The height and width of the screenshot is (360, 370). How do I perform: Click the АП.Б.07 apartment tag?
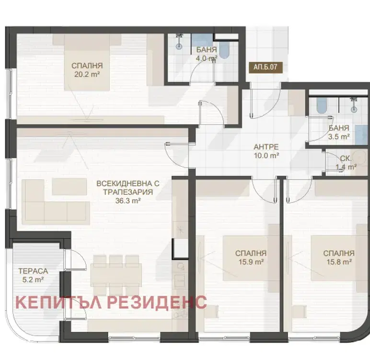tap(266, 67)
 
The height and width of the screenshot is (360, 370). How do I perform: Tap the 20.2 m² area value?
tap(87, 75)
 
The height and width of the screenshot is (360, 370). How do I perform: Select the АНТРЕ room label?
tap(266, 147)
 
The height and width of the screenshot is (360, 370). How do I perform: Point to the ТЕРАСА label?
tap(33, 271)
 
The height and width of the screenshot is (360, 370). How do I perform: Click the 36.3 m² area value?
tap(128, 201)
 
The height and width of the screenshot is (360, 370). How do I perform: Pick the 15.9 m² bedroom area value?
tap(251, 262)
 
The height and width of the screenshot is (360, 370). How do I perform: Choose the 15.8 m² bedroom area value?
tap(339, 262)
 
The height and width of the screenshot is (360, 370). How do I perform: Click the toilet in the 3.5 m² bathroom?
tap(322, 105)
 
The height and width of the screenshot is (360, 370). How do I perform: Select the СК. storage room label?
tap(346, 158)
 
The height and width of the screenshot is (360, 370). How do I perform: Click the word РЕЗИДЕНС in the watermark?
tap(157, 302)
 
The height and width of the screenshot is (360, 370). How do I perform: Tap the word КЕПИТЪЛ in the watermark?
tap(58, 303)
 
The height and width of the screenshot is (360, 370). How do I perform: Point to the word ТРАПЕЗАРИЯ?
tap(128, 192)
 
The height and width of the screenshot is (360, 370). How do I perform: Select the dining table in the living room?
tap(116, 275)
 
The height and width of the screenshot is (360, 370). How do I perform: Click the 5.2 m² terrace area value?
tap(33, 280)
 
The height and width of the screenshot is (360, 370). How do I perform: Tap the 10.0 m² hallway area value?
tap(266, 156)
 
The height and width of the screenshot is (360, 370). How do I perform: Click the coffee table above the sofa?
tap(69, 187)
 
